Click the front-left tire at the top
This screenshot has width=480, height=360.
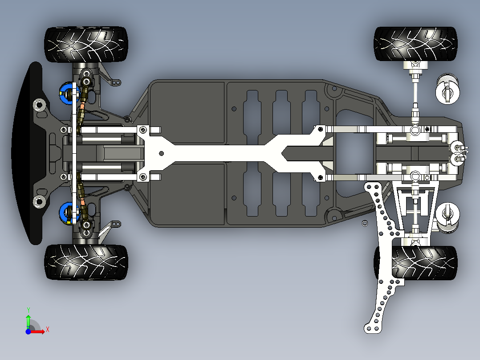point(86,45)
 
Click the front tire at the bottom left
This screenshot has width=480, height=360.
point(86,262)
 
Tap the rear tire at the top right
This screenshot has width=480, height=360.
point(415,44)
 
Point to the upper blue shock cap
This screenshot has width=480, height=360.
point(67,93)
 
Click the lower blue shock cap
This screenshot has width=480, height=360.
point(67,213)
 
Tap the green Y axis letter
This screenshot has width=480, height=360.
point(28,310)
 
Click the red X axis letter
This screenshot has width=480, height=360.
point(48,330)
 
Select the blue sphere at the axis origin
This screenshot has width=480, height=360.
point(28,331)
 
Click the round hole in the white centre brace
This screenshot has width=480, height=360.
point(161,153)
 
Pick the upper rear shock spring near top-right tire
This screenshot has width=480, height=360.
point(447,89)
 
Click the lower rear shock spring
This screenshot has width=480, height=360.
point(447,218)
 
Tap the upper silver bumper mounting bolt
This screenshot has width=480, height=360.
point(40,105)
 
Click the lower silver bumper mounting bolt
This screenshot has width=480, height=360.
point(40,201)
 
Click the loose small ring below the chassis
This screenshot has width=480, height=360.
point(365,223)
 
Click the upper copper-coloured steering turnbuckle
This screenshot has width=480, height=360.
point(82,110)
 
